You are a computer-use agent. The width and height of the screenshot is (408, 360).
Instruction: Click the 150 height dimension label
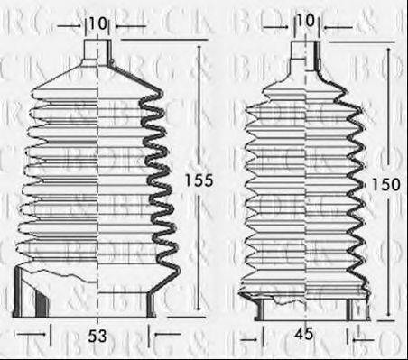pyautogui.click(x=383, y=184)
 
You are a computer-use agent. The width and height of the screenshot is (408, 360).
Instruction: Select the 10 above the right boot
pyautogui.click(x=305, y=21)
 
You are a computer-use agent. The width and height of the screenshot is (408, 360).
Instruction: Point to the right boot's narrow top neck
pyautogui.click(x=305, y=51)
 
